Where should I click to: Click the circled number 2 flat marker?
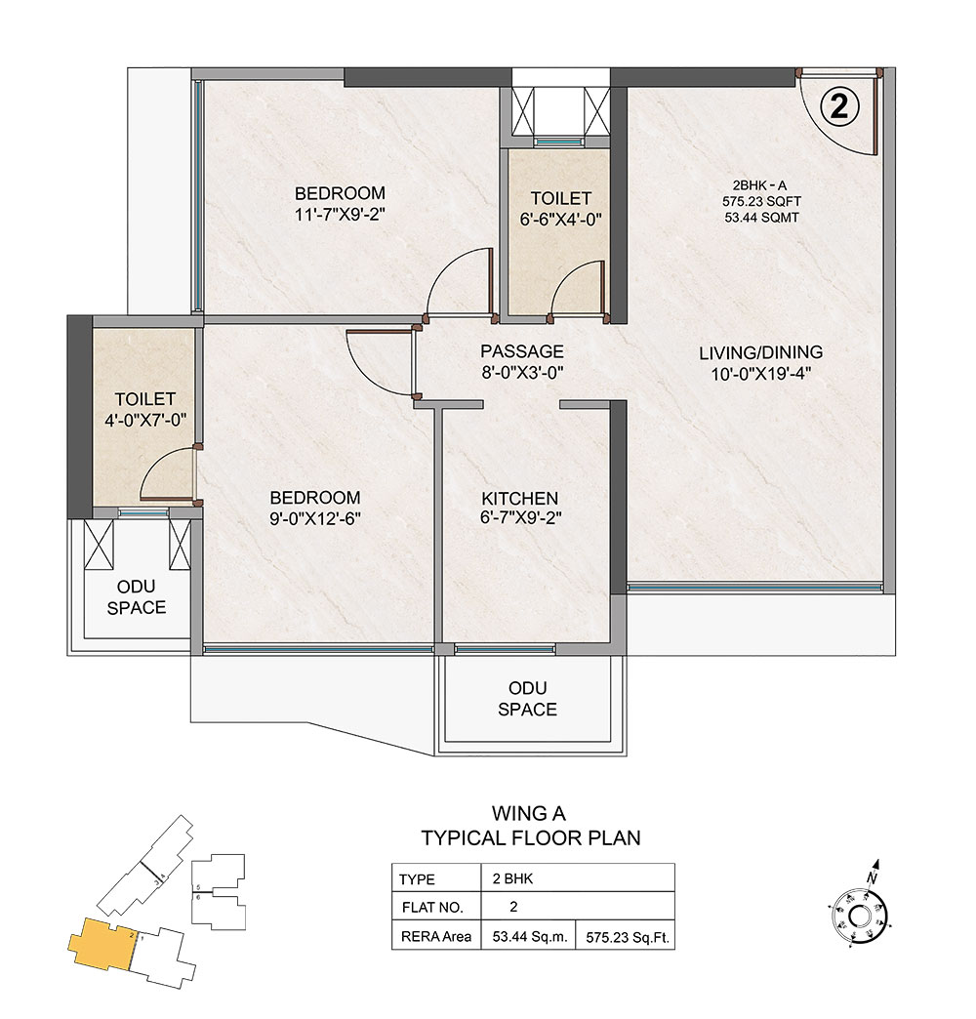pos(839,106)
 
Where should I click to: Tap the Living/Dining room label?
pos(761,352)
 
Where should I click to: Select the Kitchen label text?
pos(520,499)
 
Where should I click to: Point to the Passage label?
pos(522,351)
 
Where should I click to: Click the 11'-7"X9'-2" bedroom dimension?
pos(341,215)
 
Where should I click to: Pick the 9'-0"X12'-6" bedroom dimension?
pos(315,518)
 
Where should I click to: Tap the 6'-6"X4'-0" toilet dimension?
pos(561,220)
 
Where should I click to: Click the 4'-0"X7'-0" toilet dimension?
pos(145,420)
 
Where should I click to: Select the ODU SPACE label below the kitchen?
pos(528,699)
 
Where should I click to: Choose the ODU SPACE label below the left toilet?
pos(137,597)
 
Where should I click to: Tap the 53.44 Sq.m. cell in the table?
pos(530,937)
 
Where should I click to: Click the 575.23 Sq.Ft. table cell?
pos(627,938)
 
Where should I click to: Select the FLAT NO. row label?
pos(432,907)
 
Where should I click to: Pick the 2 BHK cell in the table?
pos(512,878)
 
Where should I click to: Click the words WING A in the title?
pos(529,813)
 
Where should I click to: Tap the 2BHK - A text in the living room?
pos(759,185)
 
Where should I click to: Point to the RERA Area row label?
pos(436,937)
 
